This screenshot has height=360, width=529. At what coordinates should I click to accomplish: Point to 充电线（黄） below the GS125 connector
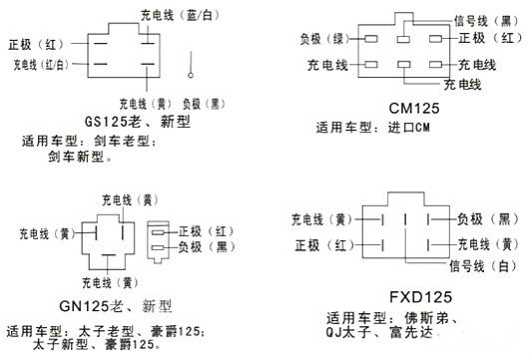[145, 103]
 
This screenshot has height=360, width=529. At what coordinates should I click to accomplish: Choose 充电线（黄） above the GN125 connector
[126, 199]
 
